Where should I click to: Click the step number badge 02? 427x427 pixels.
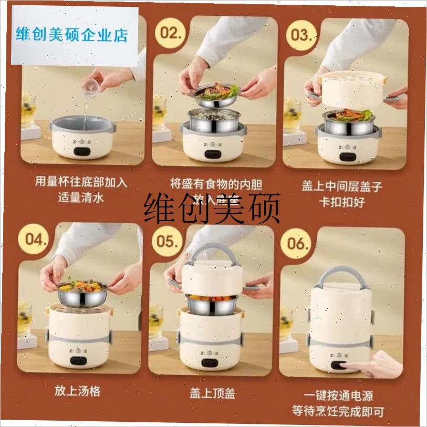(x=172, y=33)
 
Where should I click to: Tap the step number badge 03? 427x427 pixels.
(x=303, y=35)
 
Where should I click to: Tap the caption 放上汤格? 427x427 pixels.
(x=77, y=391)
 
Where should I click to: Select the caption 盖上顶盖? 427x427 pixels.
(x=210, y=392)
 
